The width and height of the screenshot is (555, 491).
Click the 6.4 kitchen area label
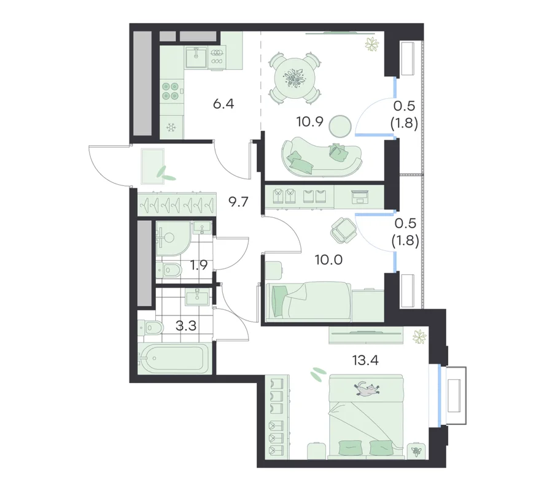pyautogui.click(x=223, y=104)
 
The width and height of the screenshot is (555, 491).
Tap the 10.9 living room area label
pyautogui.click(x=309, y=122)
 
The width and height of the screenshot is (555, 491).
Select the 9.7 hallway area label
pyautogui.click(x=238, y=202)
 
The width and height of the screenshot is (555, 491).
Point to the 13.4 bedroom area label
pyautogui.click(x=365, y=360)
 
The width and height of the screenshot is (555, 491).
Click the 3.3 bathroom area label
pyautogui.click(x=186, y=326)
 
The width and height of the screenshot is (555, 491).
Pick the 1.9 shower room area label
pyautogui.click(x=198, y=265)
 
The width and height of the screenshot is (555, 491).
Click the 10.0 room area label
pyautogui.click(x=329, y=260)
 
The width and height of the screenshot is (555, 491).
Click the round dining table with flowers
pyautogui.click(x=295, y=78)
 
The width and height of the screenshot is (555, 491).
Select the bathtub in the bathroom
pyautogui.click(x=173, y=358)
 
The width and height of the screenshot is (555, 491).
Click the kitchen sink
pyautogui.click(x=196, y=57)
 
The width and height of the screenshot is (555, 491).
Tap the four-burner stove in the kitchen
pyautogui.click(x=170, y=91)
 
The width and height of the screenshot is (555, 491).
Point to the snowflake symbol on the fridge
pyautogui.click(x=172, y=127)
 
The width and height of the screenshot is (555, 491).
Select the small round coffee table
pyautogui.click(x=340, y=126)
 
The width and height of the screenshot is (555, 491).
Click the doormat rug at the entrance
pyautogui.click(x=152, y=166)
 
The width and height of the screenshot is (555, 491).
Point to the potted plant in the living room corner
pyautogui.click(x=371, y=44)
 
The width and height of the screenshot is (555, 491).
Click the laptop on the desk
pyautogui.click(x=360, y=196)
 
